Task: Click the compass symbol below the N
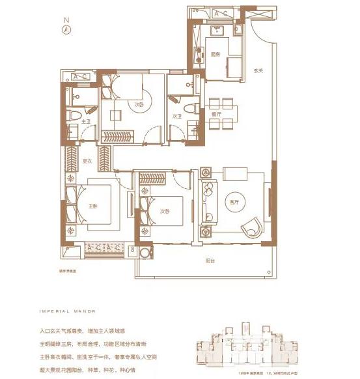tap(66, 29)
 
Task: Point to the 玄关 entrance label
tap(258, 71)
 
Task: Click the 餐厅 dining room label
tap(215, 115)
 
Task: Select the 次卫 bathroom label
tap(176, 117)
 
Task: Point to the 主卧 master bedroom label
tap(92, 206)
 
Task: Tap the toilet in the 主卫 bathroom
tap(74, 117)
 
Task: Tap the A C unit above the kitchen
tap(219, 13)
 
